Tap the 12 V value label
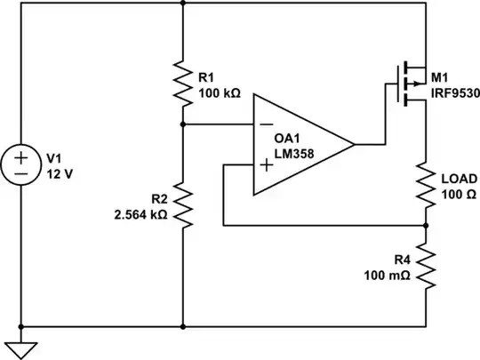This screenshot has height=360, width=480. point(59,174)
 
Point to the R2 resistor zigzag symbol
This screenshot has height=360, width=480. point(182,203)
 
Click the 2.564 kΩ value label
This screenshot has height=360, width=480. point(141,214)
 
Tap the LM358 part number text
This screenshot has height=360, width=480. point(294,153)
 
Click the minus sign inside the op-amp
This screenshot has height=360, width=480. point(266,125)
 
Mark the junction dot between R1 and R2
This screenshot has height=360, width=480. point(182,125)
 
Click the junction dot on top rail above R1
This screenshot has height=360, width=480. point(182,4)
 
